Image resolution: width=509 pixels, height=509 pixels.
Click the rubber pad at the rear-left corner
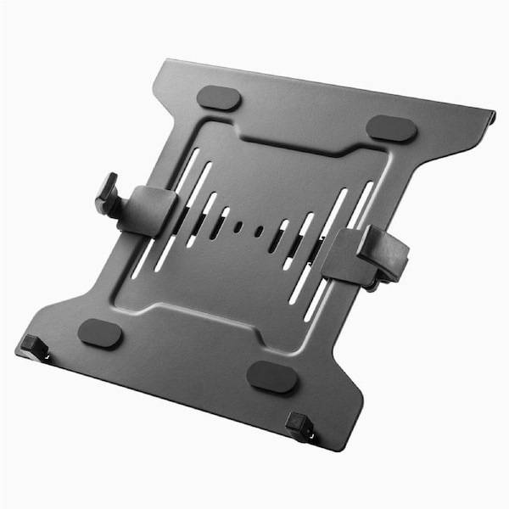coord(219,98)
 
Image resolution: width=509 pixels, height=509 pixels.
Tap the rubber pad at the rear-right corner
coord(391,129)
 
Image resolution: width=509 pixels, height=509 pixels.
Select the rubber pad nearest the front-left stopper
coord(100,333)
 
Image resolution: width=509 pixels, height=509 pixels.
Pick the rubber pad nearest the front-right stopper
coord(272,377)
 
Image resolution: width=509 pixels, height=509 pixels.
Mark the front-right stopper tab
coord(299,424)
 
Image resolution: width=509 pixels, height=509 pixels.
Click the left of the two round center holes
coord(238,227)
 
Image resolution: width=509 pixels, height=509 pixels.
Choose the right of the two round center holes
coord(260,232)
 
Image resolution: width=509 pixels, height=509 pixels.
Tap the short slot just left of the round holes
coord(219,225)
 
